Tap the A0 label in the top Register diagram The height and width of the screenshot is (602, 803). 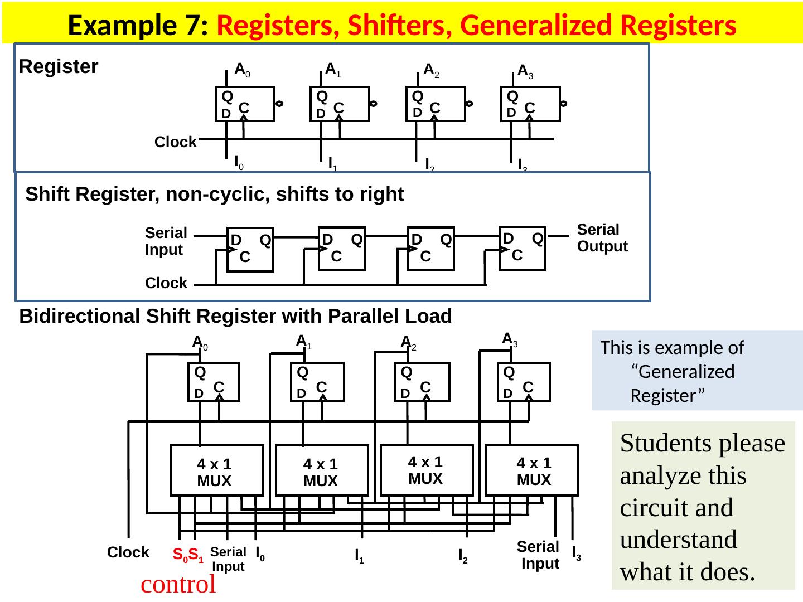(x=242, y=70)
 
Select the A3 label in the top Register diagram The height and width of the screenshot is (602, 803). (x=525, y=71)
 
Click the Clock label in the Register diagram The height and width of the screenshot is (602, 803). (x=176, y=142)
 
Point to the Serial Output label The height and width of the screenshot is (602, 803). (x=602, y=238)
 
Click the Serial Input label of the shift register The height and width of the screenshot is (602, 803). (x=166, y=241)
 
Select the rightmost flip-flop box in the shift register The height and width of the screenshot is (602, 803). (x=522, y=248)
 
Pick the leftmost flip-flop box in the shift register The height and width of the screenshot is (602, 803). (x=250, y=249)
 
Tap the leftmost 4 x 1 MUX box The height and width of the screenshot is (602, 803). (x=216, y=470)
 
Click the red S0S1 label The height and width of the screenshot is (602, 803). (x=187, y=555)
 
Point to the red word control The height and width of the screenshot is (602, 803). (x=178, y=585)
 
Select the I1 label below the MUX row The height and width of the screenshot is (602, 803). (x=360, y=556)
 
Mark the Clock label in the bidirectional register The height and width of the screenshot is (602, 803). (x=128, y=552)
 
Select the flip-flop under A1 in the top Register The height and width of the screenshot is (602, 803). (x=340, y=104)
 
